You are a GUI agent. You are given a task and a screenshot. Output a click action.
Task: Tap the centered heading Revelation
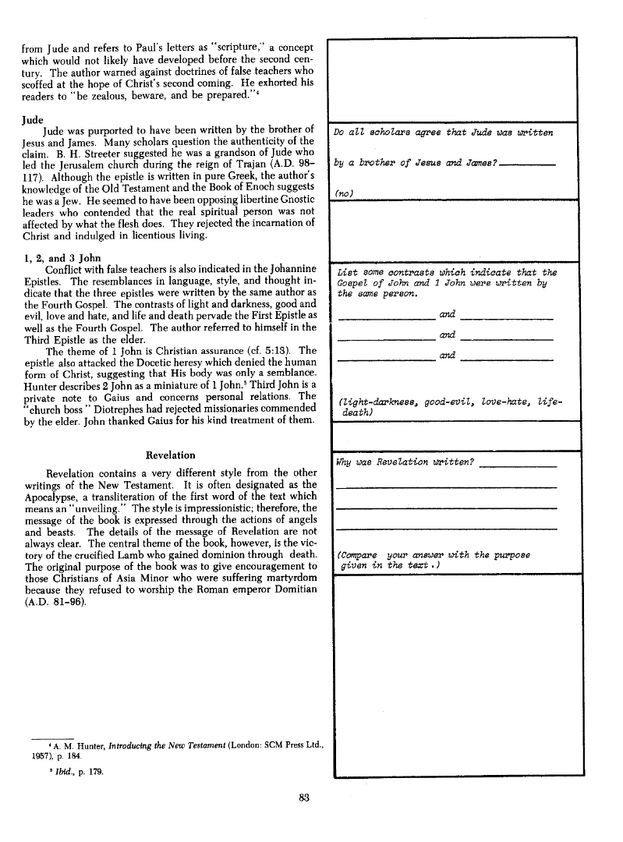[171, 455]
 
